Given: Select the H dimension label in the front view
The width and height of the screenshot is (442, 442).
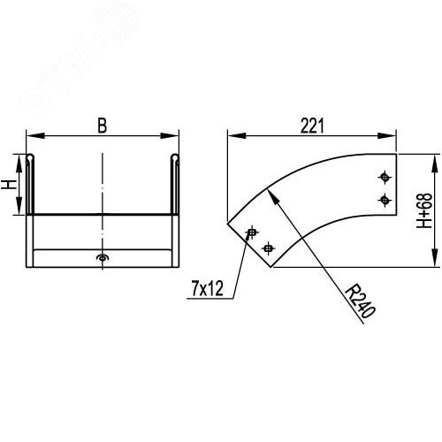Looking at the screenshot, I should pyautogui.click(x=8, y=186).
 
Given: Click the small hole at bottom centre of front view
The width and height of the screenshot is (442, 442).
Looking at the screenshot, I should pyautogui.click(x=103, y=258).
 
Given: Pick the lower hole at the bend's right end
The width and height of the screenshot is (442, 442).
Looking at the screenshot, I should pyautogui.click(x=384, y=199).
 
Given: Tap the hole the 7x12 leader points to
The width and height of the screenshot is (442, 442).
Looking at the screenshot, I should pyautogui.click(x=252, y=232).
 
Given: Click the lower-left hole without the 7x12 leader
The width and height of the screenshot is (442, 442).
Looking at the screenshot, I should pyautogui.click(x=270, y=248).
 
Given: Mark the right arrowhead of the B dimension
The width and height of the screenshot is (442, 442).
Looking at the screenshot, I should pyautogui.click(x=175, y=136).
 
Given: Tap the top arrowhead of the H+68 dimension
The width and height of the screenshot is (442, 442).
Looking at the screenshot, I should pyautogui.click(x=433, y=159).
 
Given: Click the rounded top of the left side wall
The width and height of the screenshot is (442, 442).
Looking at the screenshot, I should pyautogui.click(x=31, y=157).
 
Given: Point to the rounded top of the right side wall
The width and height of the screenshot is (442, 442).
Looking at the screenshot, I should pyautogui.click(x=175, y=157).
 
